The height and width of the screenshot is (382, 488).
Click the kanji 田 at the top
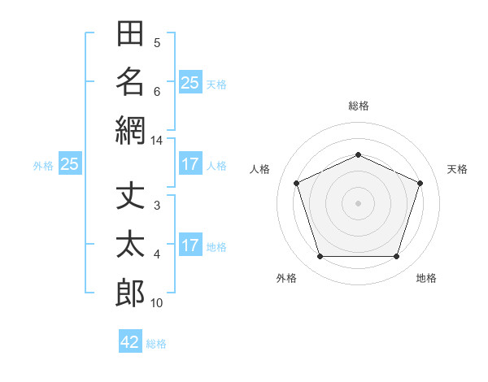(130, 33)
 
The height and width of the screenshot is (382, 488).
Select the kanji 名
(130, 82)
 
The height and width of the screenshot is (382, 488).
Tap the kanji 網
(130, 131)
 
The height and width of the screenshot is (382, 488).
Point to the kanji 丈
(130, 195)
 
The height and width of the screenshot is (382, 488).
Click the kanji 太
(130, 244)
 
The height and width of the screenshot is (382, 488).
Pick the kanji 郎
(130, 293)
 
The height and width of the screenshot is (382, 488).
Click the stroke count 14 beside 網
(156, 141)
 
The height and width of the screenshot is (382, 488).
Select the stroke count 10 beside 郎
(156, 303)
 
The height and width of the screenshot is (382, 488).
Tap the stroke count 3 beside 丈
(157, 206)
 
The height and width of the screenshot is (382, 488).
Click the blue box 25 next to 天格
(190, 82)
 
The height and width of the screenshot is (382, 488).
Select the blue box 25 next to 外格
(70, 163)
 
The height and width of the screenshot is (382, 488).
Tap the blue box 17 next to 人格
(190, 163)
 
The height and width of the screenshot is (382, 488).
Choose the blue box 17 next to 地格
(190, 244)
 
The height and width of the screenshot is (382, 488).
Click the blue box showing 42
(130, 341)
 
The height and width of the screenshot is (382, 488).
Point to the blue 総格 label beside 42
(156, 344)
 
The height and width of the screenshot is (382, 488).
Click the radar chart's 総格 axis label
(359, 106)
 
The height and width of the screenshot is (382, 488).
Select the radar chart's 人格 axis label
(259, 169)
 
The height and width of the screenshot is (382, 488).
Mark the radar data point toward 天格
(420, 183)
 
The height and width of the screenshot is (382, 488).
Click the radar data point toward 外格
(320, 257)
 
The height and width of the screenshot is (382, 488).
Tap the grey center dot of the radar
(358, 203)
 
